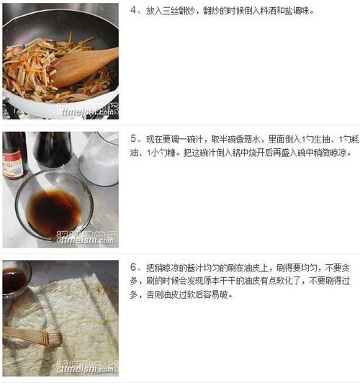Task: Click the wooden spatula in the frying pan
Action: tap(83, 66)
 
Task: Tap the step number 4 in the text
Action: tap(133, 11)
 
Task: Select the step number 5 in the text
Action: tap(133, 139)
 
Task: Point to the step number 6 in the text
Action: tap(133, 268)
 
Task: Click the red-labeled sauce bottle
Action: tap(14, 156)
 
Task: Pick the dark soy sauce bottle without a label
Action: tap(53, 150)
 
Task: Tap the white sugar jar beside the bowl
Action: tap(99, 158)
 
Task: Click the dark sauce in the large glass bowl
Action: tap(54, 211)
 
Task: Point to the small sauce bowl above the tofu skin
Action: tap(15, 279)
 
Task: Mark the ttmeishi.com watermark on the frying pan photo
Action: tap(88, 112)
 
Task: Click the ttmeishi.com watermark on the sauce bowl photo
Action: tap(87, 240)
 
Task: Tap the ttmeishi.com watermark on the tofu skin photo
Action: tap(87, 369)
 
